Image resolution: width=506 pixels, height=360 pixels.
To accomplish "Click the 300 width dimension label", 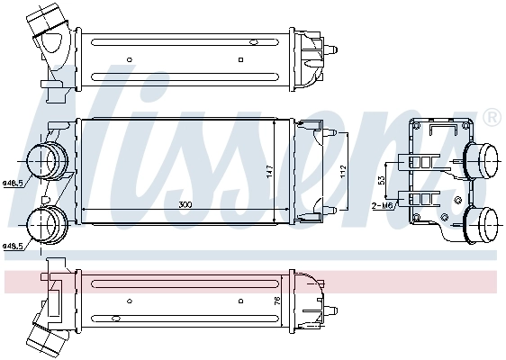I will (185, 206).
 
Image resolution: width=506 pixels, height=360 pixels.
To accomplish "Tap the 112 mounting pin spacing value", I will (342, 171).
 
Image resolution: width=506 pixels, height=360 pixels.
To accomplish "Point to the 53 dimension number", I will (382, 181).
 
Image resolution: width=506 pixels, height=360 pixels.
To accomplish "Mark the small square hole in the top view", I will (240, 60).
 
